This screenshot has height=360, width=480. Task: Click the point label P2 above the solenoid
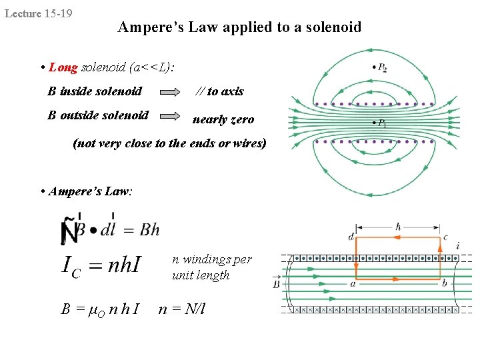(383, 67)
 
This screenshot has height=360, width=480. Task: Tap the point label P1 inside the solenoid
(382, 123)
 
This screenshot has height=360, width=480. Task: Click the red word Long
(63, 67)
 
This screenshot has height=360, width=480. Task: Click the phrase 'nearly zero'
(223, 119)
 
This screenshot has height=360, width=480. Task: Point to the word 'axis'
(231, 91)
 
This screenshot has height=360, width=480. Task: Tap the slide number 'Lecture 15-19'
(39, 13)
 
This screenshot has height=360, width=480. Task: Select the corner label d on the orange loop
(351, 236)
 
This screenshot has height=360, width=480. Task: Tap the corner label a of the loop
(352, 283)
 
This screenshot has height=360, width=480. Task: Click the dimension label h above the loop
(398, 227)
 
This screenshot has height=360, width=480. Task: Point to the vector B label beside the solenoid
(277, 284)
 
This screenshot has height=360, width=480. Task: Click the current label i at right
(457, 247)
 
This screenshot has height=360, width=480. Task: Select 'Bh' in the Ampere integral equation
(149, 230)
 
